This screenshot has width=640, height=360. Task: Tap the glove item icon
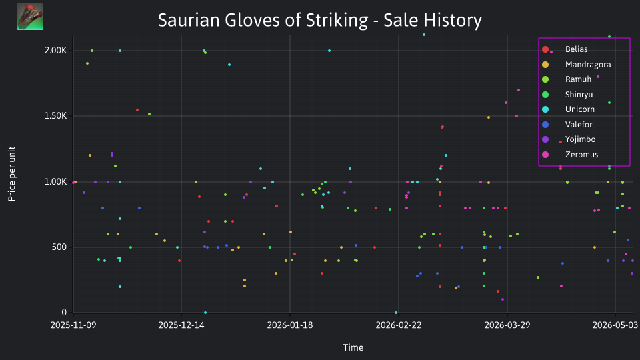coord(30,17)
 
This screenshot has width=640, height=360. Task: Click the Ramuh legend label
coord(578,79)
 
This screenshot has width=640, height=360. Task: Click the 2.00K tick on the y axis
coord(55,51)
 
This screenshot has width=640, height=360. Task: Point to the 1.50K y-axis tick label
coord(55,116)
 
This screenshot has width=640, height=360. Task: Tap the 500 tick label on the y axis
coord(59,247)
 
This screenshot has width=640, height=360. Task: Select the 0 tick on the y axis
coord(64,312)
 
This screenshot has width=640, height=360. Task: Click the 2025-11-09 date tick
coord(73,325)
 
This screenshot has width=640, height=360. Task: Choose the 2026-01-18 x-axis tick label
coord(290,325)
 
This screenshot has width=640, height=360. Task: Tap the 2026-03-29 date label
coord(507,325)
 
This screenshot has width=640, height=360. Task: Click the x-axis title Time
coord(353,347)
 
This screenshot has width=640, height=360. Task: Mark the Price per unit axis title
coord(12,174)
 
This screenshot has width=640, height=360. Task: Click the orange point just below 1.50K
coord(489,117)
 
